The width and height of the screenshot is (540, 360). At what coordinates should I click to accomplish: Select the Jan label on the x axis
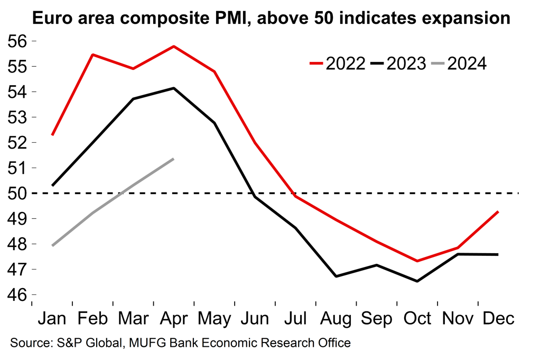[x=52, y=319]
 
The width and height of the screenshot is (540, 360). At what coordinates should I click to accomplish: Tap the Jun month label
[x=255, y=319]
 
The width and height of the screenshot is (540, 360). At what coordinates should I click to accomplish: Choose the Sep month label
[x=377, y=319]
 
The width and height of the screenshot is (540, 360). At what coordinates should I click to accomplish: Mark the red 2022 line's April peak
[x=174, y=47]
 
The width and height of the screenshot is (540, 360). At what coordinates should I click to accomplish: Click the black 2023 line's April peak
[x=174, y=88]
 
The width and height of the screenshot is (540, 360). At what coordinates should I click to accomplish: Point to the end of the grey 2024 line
[x=174, y=159]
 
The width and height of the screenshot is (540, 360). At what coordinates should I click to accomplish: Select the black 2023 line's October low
[x=417, y=281]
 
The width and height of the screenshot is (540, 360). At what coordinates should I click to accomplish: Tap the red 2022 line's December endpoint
[x=498, y=212]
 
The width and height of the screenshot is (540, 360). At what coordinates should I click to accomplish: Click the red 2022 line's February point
[x=93, y=54]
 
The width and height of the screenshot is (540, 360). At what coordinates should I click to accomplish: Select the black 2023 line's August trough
[x=336, y=276]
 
